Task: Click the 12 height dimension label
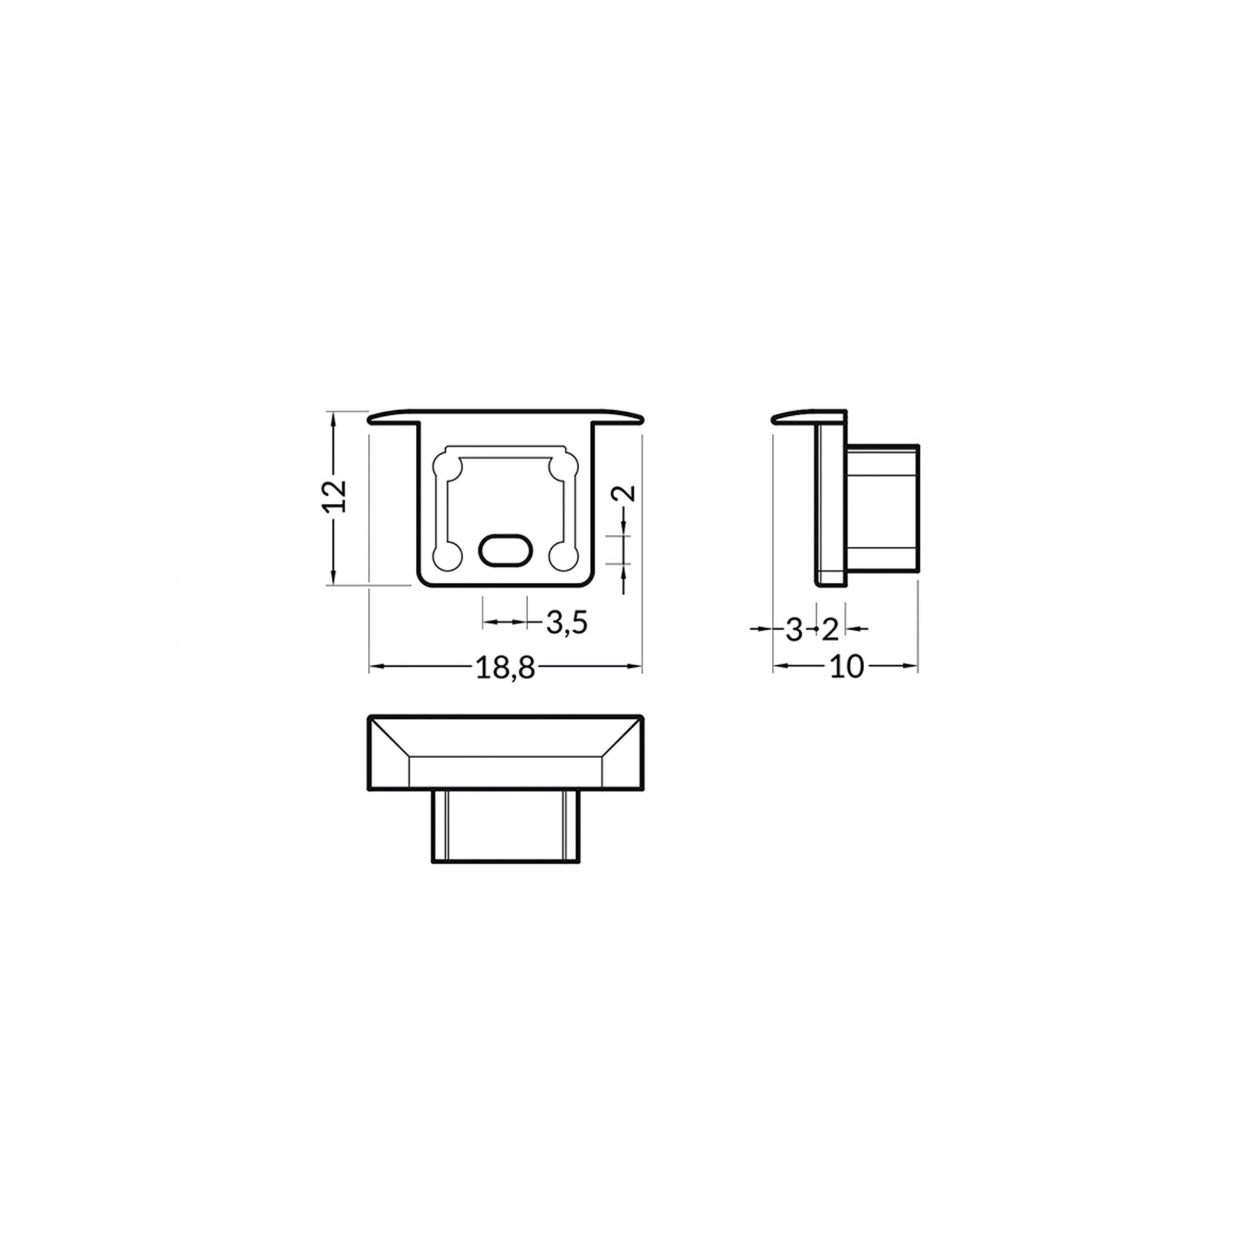click(x=335, y=496)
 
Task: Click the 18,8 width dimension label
click(x=506, y=667)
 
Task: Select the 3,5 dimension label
click(x=567, y=622)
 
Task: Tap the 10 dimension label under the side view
click(x=846, y=667)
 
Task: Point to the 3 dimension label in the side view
click(x=793, y=629)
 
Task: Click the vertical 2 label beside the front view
click(x=623, y=493)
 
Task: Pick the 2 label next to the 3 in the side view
click(x=830, y=629)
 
